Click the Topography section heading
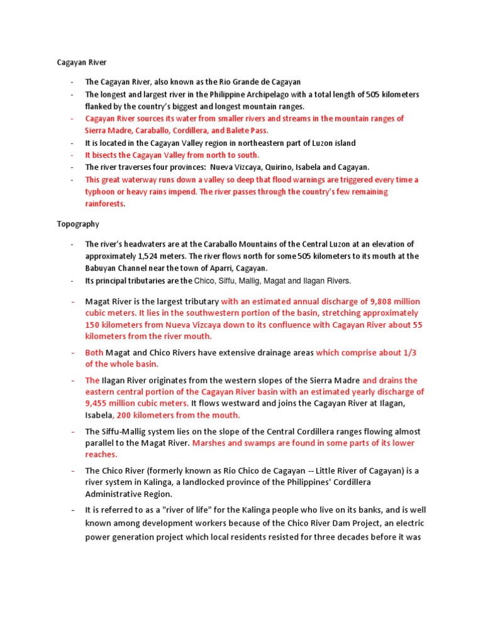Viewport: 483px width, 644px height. (78, 223)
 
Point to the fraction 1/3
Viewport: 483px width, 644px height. (409, 353)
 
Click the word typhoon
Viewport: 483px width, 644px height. (103, 192)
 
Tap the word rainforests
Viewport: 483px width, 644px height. (105, 204)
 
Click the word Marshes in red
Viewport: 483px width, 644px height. (209, 443)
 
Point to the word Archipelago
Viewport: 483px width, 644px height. (257, 94)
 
